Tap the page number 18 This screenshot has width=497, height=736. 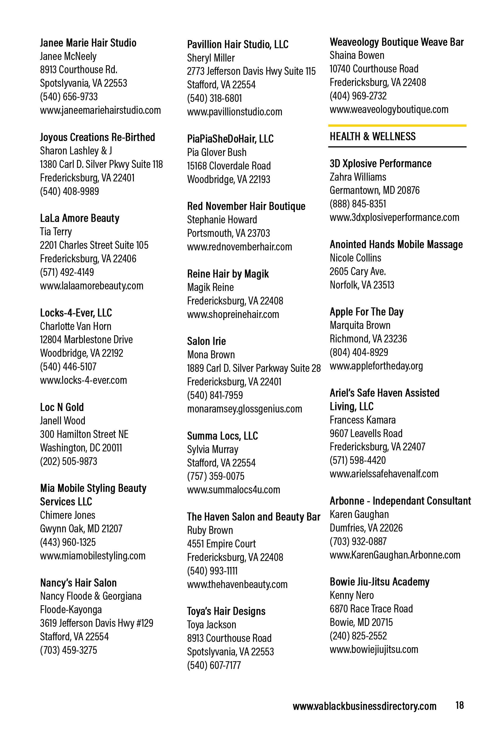pyautogui.click(x=459, y=705)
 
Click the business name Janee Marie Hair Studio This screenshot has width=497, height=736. pyautogui.click(x=88, y=43)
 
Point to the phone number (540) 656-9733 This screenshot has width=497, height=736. pyautogui.click(x=69, y=97)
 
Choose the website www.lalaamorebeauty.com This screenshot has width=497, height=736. pyautogui.click(x=91, y=286)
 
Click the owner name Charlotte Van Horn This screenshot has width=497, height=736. pyautogui.click(x=75, y=326)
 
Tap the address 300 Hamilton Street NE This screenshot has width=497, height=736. pyautogui.click(x=84, y=434)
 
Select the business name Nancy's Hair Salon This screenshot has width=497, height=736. pyautogui.click(x=78, y=583)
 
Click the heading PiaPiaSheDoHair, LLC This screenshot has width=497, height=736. pyautogui.click(x=230, y=139)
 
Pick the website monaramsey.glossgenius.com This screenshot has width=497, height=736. pyautogui.click(x=244, y=409)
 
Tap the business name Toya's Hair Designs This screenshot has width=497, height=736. pyautogui.click(x=226, y=611)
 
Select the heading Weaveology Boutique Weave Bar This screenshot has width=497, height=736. pyautogui.click(x=396, y=42)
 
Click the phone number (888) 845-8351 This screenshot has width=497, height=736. pyautogui.click(x=358, y=204)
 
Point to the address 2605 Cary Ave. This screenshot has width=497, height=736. pyautogui.click(x=357, y=271)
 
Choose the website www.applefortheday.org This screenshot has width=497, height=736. pyautogui.click(x=376, y=366)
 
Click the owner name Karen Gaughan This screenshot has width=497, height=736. pyautogui.click(x=359, y=515)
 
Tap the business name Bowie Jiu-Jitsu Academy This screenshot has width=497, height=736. pyautogui.click(x=379, y=582)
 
